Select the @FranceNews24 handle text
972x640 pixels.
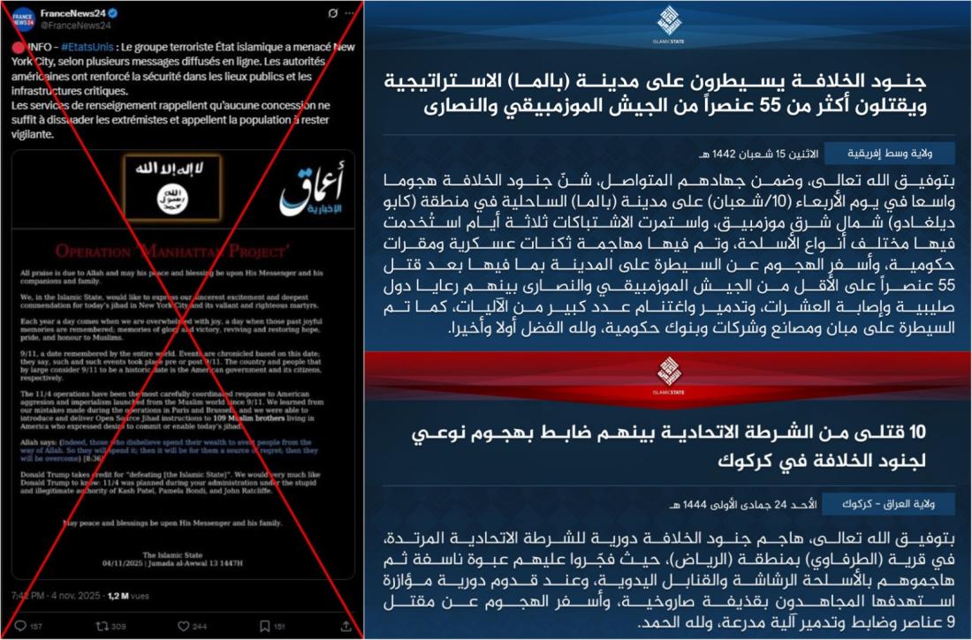coord(72,26)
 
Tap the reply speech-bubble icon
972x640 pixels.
coord(20,626)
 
